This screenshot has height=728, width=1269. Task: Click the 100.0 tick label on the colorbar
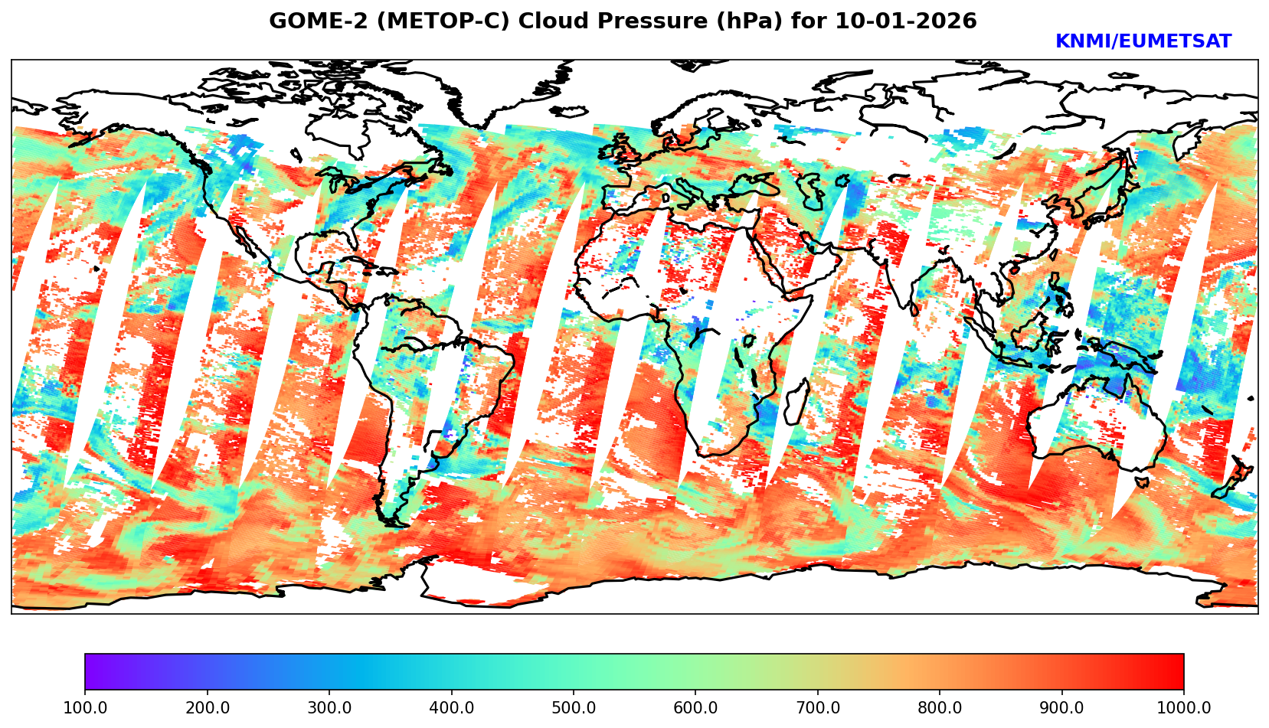point(84,708)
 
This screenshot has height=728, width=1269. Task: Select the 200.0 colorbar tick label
point(207,708)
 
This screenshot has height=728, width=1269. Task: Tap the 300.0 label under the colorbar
point(329,708)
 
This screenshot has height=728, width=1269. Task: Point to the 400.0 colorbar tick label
point(451,708)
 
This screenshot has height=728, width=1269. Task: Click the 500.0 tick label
point(573,708)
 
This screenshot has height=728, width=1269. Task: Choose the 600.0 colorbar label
point(695,708)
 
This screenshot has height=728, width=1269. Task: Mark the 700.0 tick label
point(817,708)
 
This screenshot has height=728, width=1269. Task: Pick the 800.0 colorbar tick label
point(940,708)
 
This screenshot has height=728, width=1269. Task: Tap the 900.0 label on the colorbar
point(1061,708)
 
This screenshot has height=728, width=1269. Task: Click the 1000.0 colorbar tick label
point(1184,708)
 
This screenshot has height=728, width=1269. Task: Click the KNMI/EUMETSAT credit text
point(1143,42)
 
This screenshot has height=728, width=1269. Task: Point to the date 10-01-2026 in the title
point(906,21)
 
